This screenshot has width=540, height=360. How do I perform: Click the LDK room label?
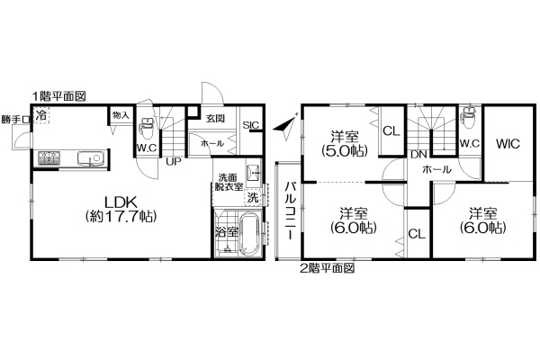click(x=121, y=209)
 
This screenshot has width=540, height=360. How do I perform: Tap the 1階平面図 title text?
click(x=58, y=96)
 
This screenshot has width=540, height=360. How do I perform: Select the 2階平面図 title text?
click(x=328, y=267)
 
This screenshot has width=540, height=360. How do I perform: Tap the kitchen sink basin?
click(x=90, y=158)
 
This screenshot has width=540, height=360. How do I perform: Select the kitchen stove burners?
click(x=49, y=157)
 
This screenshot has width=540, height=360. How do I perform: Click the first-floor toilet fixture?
click(x=147, y=128)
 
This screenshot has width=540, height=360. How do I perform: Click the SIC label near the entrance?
click(x=251, y=125)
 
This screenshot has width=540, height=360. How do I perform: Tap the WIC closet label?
click(x=508, y=144)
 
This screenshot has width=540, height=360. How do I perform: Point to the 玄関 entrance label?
click(x=215, y=119)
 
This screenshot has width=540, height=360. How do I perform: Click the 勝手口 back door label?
click(x=15, y=120)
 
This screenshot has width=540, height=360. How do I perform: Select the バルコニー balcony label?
click(x=290, y=211)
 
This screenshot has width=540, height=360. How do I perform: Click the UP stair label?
click(x=174, y=162)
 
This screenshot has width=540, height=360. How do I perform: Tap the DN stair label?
click(x=418, y=155)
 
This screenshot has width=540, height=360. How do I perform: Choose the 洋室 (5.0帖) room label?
click(x=345, y=144)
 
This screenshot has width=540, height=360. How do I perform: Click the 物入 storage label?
click(x=121, y=115)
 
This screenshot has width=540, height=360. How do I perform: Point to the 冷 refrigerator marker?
click(x=41, y=114)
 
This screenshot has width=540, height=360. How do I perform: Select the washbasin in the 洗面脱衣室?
click(x=253, y=171)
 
